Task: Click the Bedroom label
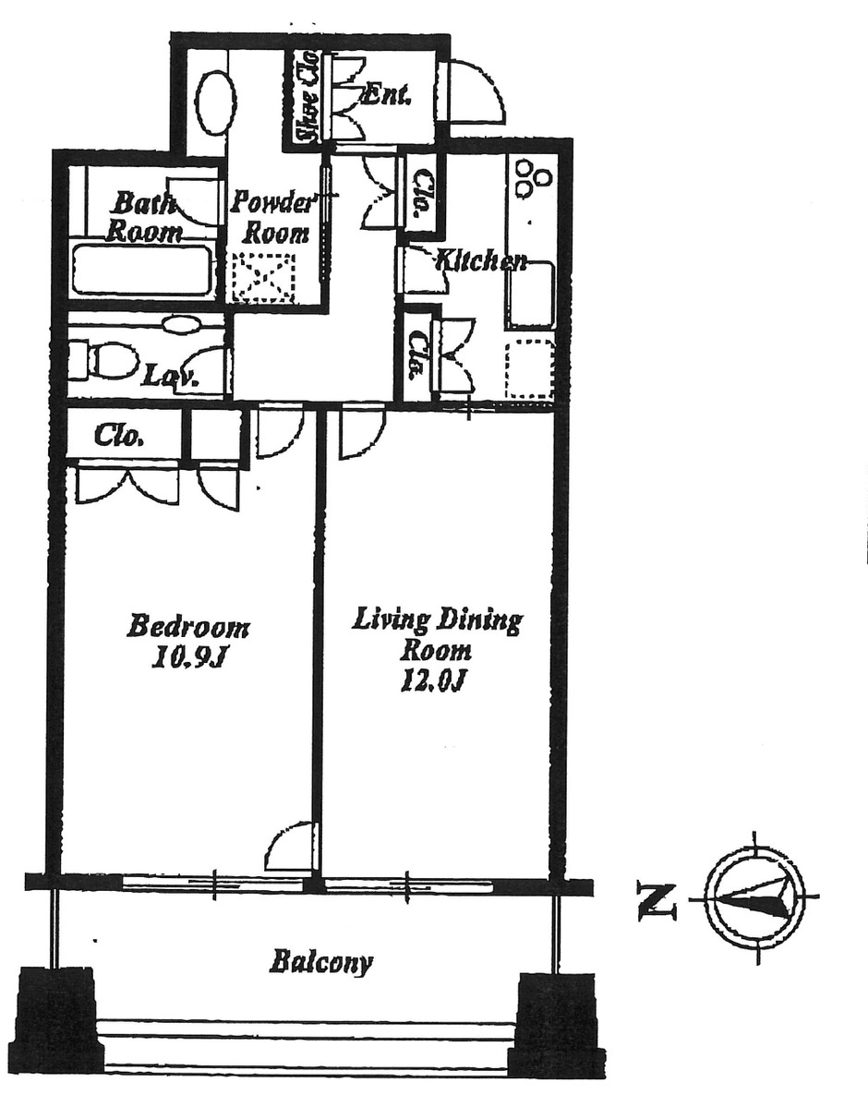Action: (188, 627)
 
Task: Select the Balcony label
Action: (320, 963)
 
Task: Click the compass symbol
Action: (754, 896)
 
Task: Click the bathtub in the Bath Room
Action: (143, 270)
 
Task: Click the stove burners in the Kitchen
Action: (533, 177)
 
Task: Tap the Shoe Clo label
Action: (306, 99)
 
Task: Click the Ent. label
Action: (386, 93)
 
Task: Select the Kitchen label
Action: (480, 260)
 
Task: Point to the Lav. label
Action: (161, 376)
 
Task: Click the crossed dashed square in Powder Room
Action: (265, 277)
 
